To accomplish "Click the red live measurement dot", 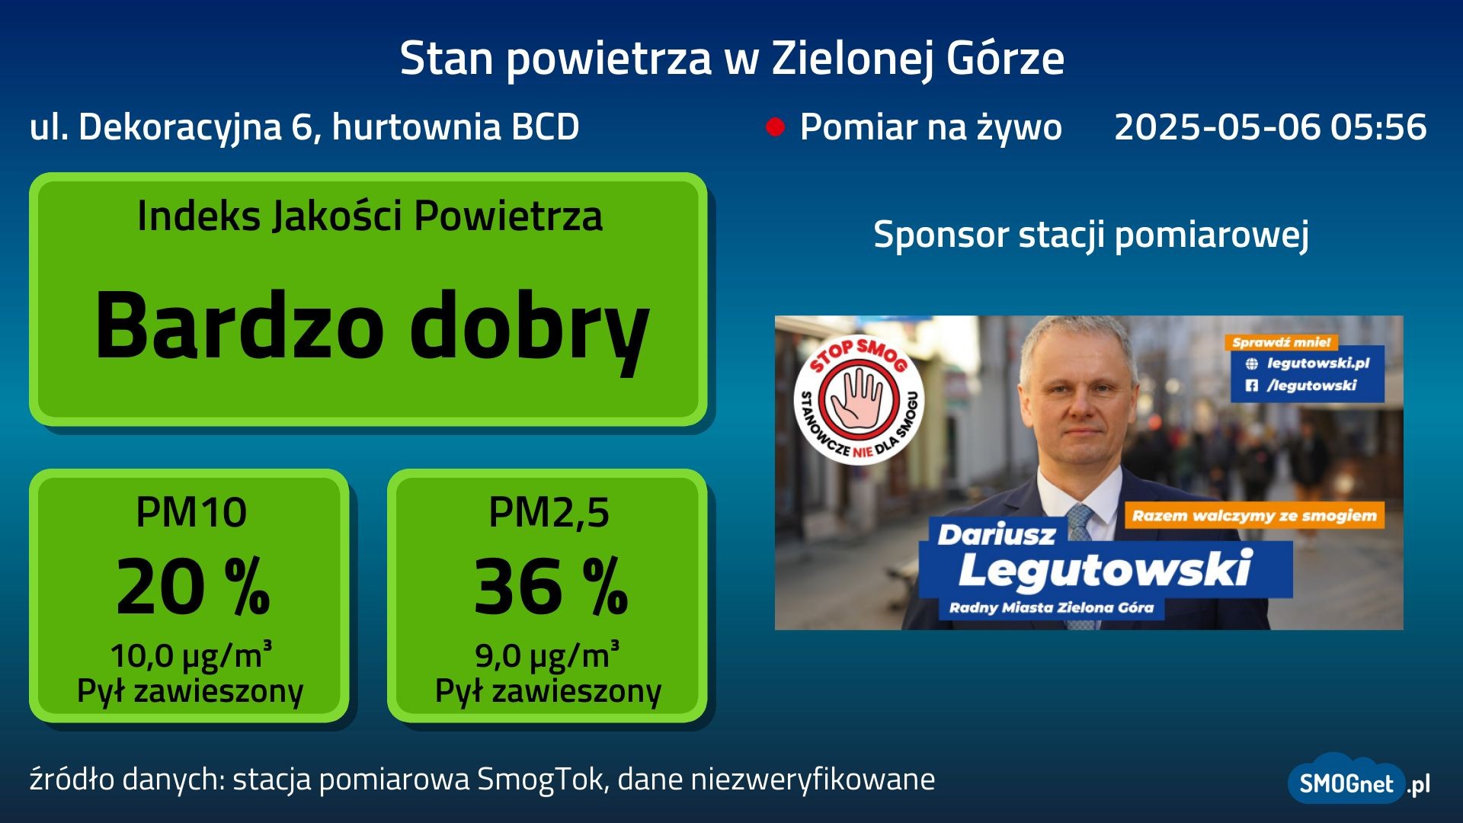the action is (775, 127).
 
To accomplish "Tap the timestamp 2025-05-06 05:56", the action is (1270, 126).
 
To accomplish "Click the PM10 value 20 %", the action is (193, 586).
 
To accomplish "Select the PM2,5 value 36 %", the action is (551, 586).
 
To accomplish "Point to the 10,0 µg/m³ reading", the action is (190, 655).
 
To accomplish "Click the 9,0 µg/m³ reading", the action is (547, 655).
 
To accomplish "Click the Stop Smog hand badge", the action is (859, 399).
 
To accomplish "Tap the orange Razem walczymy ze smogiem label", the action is (1254, 516).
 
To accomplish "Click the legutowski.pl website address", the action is (1318, 363).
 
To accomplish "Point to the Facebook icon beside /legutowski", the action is (1251, 386).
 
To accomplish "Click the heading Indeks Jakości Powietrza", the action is (370, 216).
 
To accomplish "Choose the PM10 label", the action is (190, 512).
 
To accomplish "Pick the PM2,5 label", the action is (549, 512).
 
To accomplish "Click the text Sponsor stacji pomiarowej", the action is (1091, 234).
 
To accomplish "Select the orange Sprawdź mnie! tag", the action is (1281, 342).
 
